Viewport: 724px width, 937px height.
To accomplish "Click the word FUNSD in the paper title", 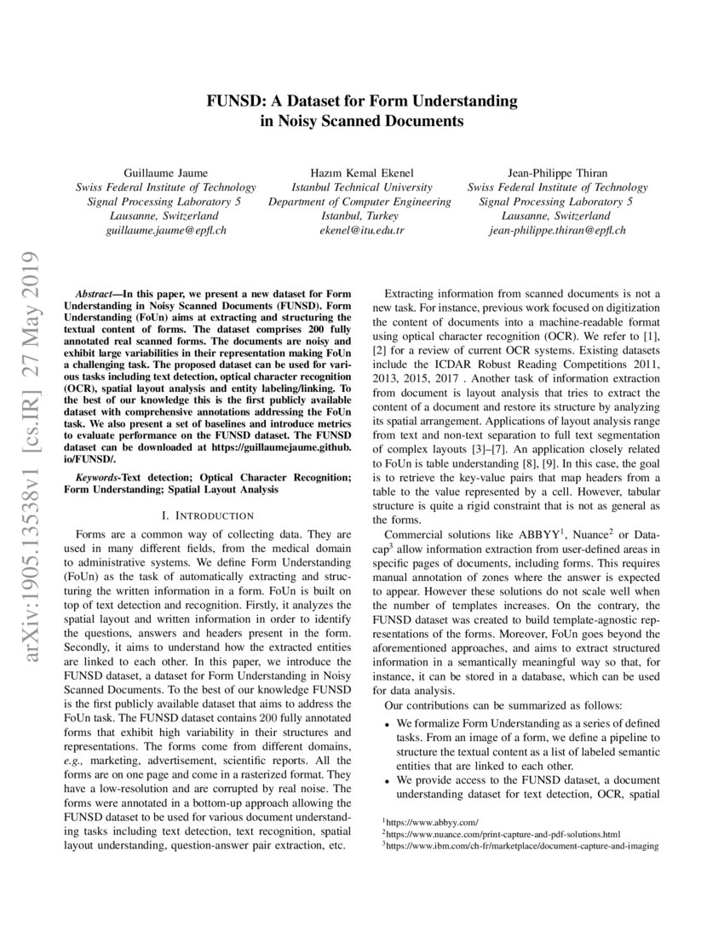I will pos(233,101).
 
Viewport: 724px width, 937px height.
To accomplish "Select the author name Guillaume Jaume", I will pos(166,171).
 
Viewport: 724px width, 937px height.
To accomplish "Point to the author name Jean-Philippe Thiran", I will pos(557,171).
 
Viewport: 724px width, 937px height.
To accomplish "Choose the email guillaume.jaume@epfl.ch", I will pos(166,230).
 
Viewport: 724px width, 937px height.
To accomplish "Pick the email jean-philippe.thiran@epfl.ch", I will pos(557,230).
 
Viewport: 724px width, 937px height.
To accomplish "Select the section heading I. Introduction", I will pos(208,515).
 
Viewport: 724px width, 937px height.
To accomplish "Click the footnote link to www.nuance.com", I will pos(503,833).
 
